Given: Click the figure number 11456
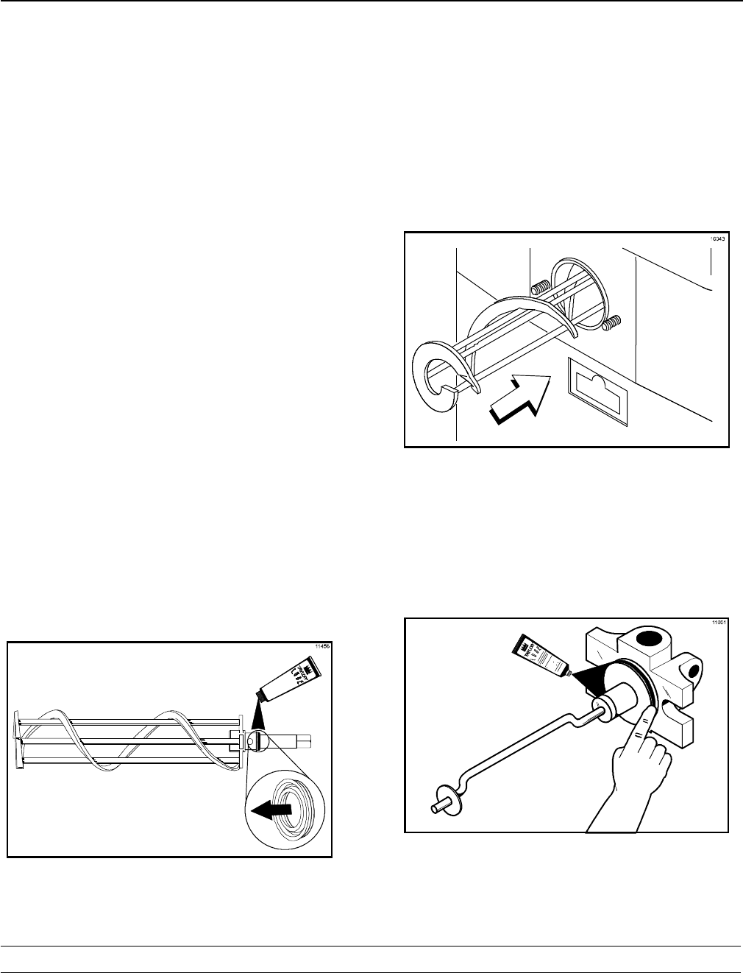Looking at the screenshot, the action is [322, 646].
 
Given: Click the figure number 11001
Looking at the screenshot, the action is [719, 623].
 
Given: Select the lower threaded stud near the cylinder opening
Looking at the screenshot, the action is [612, 321].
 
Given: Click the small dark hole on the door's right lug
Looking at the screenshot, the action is [692, 670].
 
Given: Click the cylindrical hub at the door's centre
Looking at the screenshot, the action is [619, 701].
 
